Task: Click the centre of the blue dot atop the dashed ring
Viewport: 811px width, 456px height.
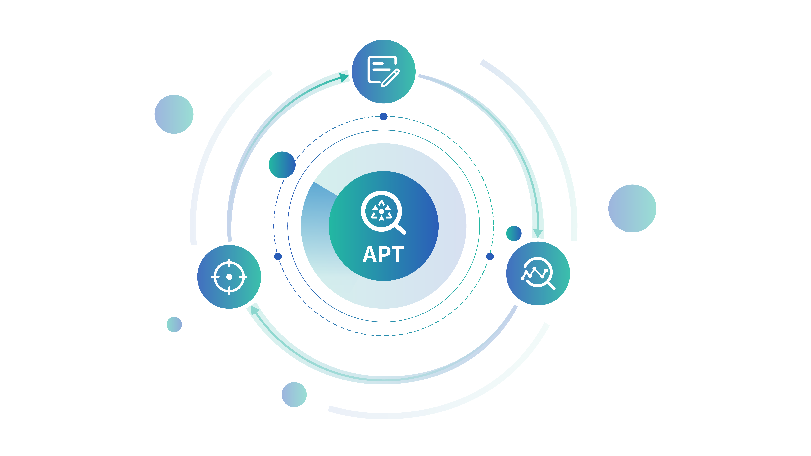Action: pyautogui.click(x=383, y=116)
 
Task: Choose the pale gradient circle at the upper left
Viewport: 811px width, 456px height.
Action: pyautogui.click(x=174, y=114)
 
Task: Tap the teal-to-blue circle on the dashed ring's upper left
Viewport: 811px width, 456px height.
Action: pyautogui.click(x=282, y=165)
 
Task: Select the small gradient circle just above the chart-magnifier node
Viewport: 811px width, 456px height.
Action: pyautogui.click(x=514, y=233)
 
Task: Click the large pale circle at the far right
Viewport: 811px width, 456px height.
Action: pyautogui.click(x=632, y=209)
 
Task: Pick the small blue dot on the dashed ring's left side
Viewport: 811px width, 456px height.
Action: pyautogui.click(x=278, y=256)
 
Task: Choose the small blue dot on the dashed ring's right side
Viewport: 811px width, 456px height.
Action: pyautogui.click(x=490, y=256)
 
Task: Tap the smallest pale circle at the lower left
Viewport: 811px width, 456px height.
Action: pyautogui.click(x=174, y=324)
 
